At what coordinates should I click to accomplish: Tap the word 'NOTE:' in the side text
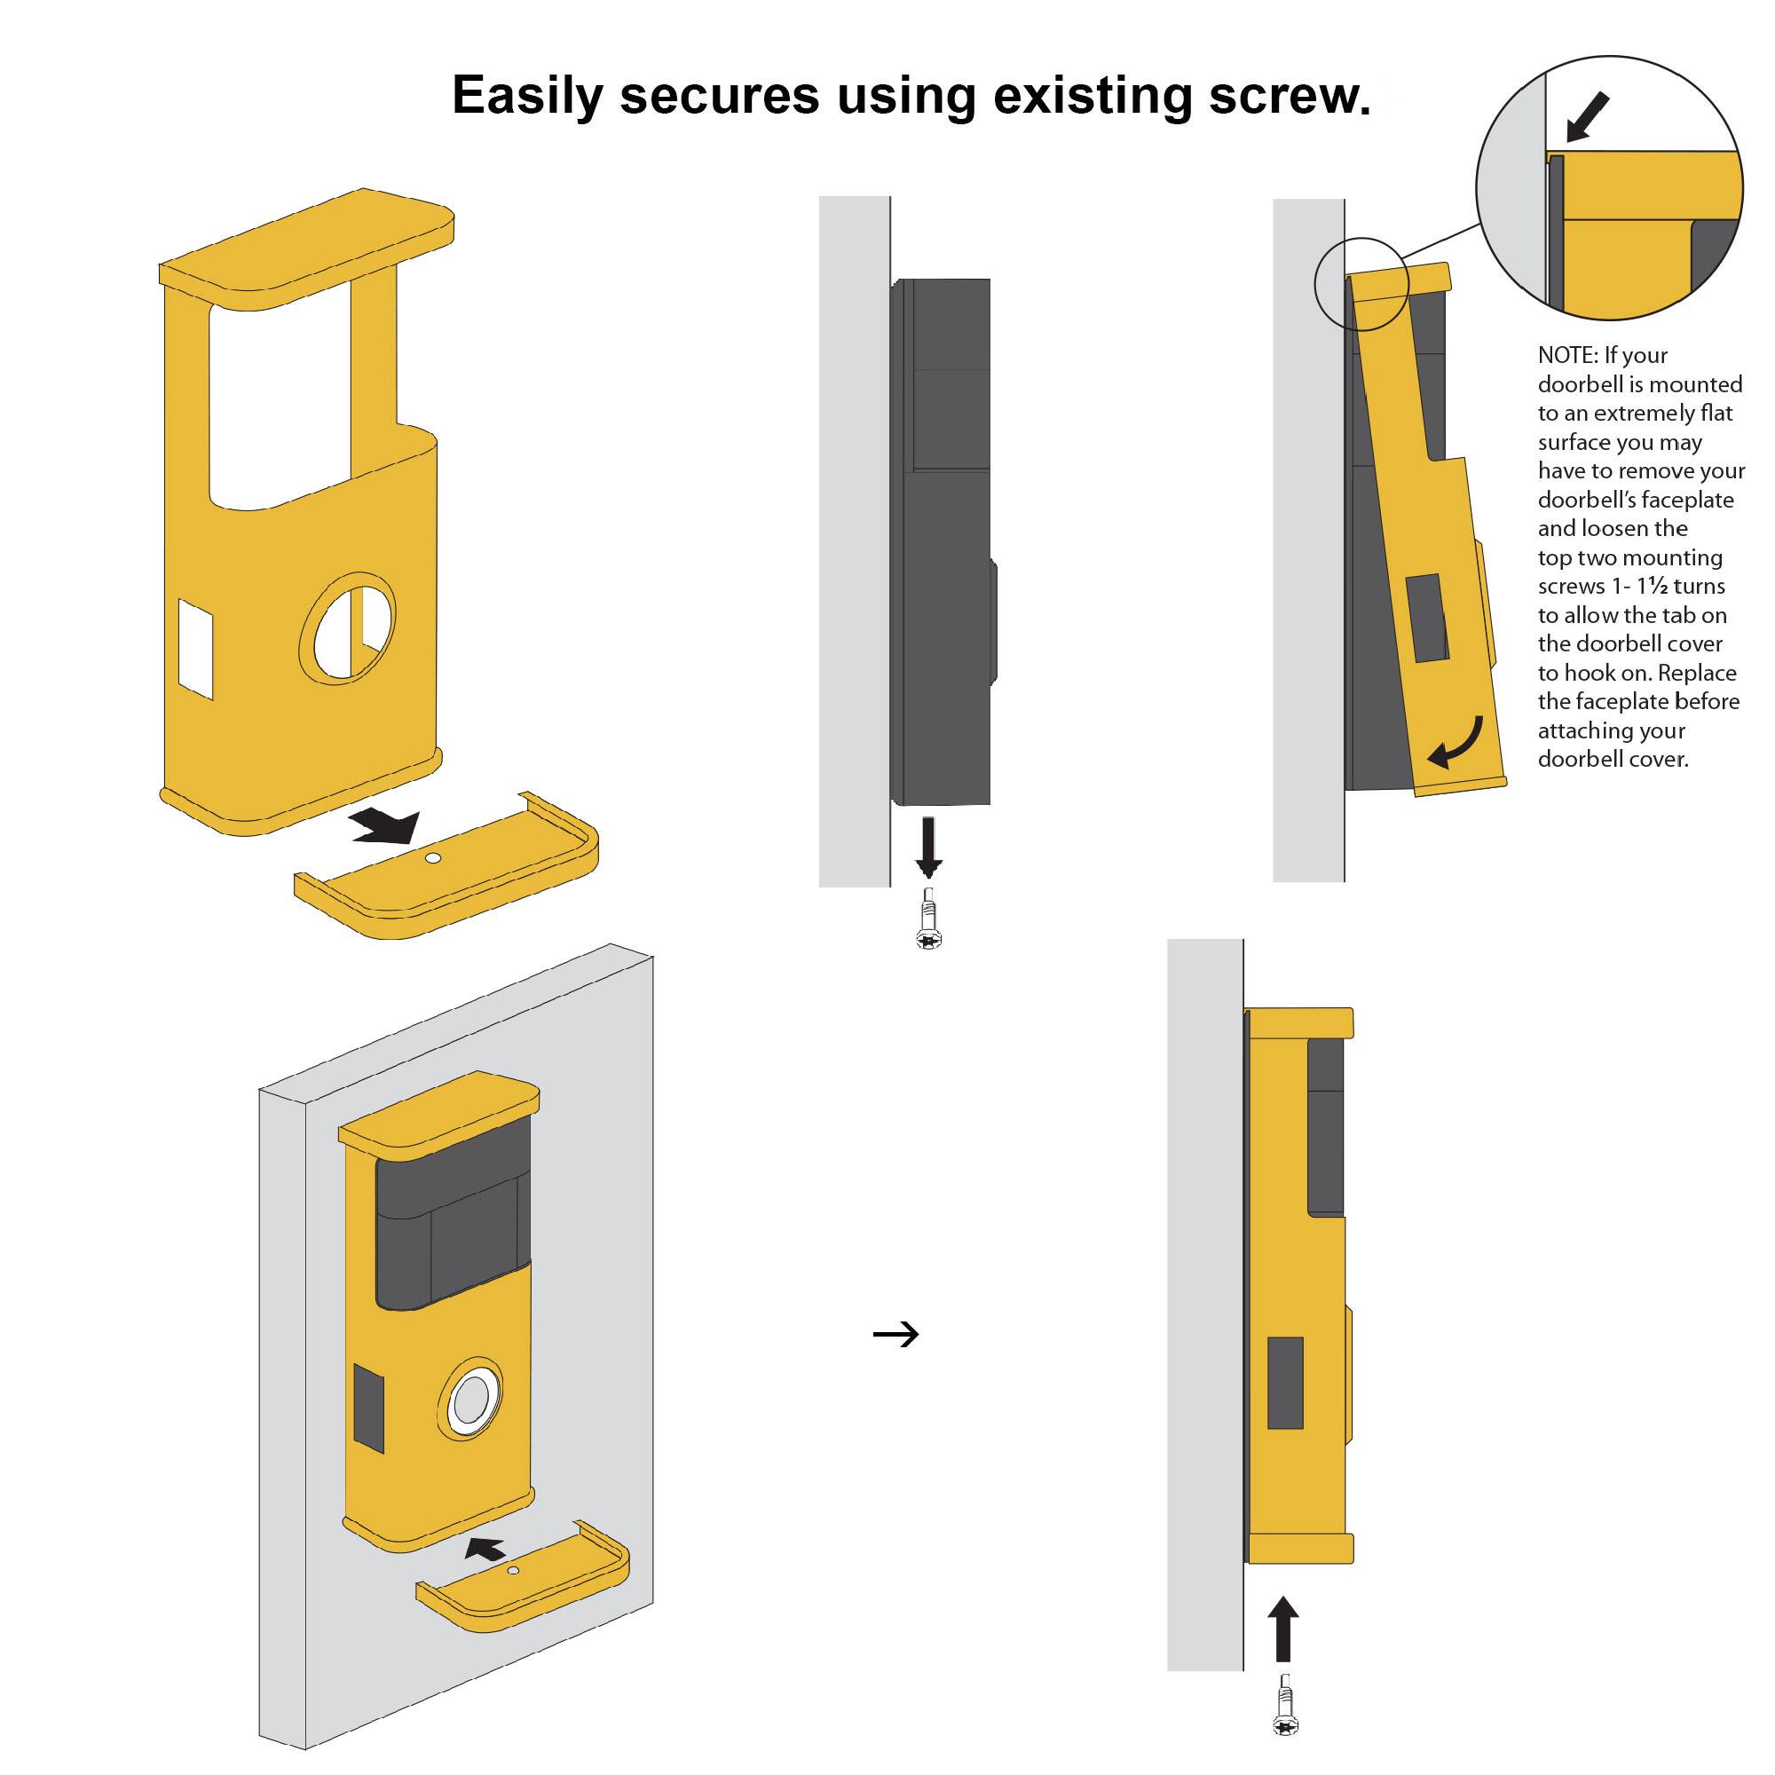[1568, 356]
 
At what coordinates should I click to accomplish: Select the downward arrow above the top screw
[929, 844]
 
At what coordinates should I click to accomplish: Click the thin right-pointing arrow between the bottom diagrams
[895, 1334]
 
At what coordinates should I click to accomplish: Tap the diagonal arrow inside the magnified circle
[1588, 115]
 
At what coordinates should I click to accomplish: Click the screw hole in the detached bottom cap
[435, 859]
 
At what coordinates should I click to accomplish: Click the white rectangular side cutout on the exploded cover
[195, 649]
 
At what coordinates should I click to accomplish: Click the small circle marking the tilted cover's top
[1361, 283]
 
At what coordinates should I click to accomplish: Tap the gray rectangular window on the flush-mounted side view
[1285, 1383]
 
